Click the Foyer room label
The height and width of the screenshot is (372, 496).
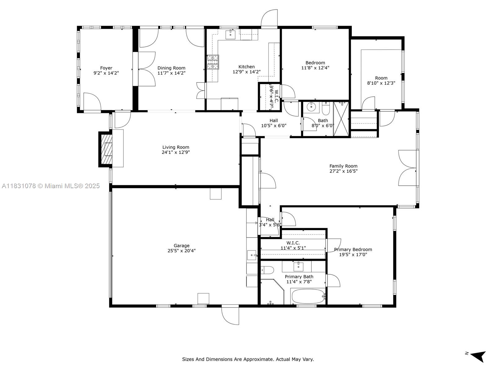coord(106,68)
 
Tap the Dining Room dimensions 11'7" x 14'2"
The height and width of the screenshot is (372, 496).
coord(171,73)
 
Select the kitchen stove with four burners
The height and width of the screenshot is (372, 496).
coord(213,62)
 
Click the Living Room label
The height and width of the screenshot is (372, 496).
coord(175,147)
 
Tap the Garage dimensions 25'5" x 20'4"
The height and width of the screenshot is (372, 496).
coord(181,251)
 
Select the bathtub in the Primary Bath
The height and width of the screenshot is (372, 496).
coord(308,297)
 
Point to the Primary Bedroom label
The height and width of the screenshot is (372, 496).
coord(353,249)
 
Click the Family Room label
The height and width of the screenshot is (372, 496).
coord(343,166)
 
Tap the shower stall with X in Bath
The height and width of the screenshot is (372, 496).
coord(341,119)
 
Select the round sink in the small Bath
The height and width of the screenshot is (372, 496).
coord(311,107)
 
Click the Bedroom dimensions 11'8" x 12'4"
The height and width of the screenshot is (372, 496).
coord(315,68)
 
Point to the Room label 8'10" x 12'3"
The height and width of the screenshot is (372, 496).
coord(381,78)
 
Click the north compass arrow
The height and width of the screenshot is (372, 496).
coord(478,356)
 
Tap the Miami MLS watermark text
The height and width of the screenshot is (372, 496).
coord(51,186)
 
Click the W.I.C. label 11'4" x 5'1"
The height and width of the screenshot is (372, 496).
coord(293,243)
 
